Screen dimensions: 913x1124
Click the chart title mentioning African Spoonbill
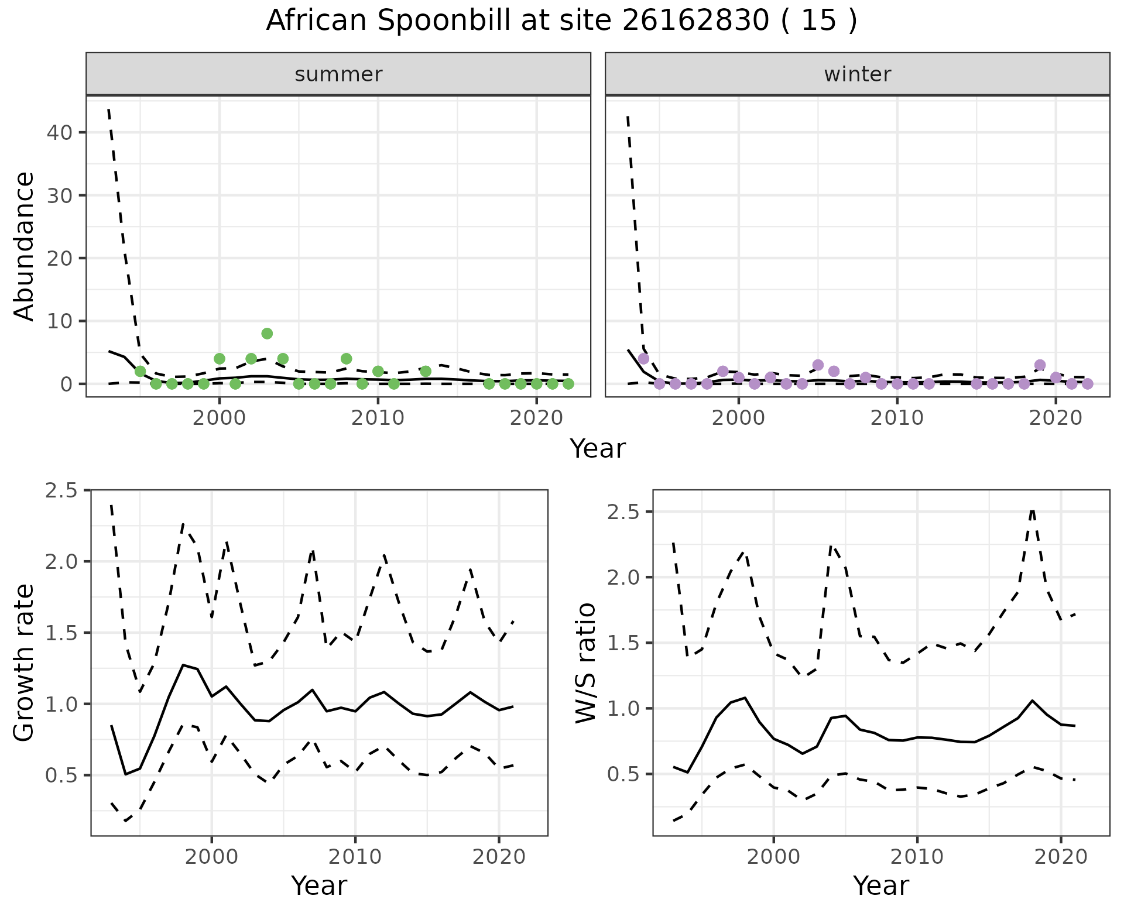point(561,21)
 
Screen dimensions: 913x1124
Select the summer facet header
point(338,74)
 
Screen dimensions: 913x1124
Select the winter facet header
point(857,74)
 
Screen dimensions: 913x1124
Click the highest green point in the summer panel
point(267,334)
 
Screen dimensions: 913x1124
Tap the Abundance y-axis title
point(24,246)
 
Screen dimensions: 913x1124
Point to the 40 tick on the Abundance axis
point(59,132)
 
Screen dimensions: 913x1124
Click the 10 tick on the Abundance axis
point(59,321)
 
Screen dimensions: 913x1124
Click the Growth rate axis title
point(24,663)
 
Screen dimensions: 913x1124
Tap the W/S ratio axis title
point(585,663)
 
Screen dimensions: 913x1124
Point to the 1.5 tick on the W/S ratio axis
point(623,643)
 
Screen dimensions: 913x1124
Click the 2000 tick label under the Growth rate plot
point(211,857)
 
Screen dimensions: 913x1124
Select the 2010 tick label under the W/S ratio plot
point(917,857)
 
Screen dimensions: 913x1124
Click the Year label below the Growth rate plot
point(319,885)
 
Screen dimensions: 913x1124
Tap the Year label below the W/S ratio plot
point(880,885)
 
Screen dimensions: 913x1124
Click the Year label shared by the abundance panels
point(598,449)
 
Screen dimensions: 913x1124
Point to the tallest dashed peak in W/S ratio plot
point(1033,509)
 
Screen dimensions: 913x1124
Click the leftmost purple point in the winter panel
point(643,359)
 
